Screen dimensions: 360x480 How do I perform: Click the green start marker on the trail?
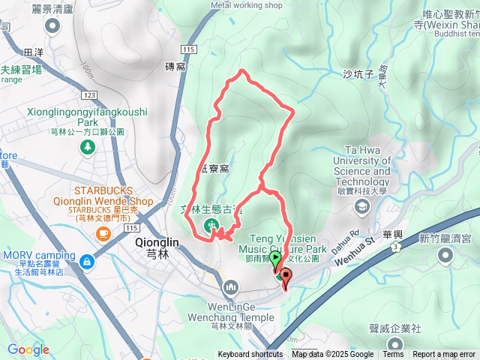coord(276,260)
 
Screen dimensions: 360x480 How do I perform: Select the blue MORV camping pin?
coord(88,262)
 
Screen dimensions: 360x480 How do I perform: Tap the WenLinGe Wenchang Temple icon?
coord(230,286)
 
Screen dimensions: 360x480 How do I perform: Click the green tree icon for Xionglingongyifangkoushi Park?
coord(88,146)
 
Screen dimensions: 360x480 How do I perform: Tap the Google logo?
coord(28,349)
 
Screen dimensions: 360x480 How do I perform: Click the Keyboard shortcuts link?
coord(250,355)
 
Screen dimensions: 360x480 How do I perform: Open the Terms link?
coord(393,355)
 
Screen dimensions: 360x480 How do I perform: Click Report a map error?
coord(444,355)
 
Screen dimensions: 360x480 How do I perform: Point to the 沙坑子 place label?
coord(358,73)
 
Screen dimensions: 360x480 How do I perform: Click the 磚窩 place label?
coord(174,67)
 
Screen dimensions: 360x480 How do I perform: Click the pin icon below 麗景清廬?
coord(52,27)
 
